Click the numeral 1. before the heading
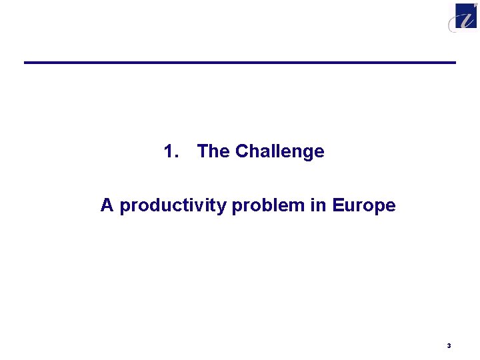[x=171, y=152]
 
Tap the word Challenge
[x=279, y=152]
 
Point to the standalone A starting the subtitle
[x=107, y=205]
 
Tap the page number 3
[x=449, y=345]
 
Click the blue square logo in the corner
[x=466, y=15]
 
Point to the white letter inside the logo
[x=465, y=15]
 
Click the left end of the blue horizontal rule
[x=26, y=63]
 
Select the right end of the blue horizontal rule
[x=454, y=63]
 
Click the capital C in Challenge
[x=241, y=152]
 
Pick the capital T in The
[x=203, y=152]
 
